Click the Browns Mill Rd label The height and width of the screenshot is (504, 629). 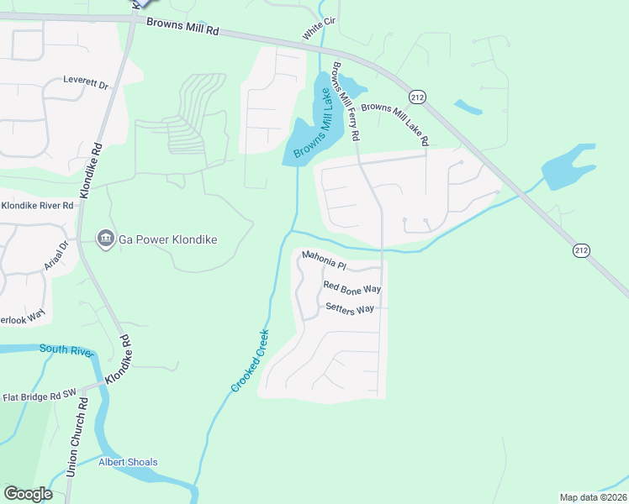click(x=182, y=28)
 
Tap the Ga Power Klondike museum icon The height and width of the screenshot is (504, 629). click(x=106, y=239)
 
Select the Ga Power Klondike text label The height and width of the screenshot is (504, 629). click(x=167, y=239)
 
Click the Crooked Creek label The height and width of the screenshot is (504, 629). click(x=250, y=359)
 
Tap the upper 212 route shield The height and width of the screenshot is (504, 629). click(x=419, y=97)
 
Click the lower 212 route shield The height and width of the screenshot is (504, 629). click(x=581, y=250)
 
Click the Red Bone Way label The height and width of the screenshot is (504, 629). click(x=352, y=288)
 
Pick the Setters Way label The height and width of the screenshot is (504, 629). click(x=349, y=309)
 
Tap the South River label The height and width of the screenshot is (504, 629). click(x=65, y=349)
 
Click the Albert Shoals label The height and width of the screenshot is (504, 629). click(x=128, y=462)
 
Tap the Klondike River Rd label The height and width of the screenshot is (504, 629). click(x=38, y=205)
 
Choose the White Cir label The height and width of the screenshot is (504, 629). click(x=314, y=31)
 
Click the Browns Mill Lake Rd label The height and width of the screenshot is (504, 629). click(x=395, y=123)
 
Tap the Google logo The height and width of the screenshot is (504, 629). click(x=28, y=494)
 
